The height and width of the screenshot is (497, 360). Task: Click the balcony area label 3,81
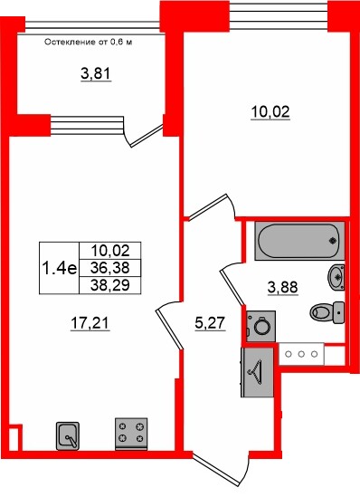(96, 74)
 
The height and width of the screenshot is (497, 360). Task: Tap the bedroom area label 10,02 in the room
(270, 112)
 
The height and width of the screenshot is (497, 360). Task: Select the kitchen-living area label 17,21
(90, 323)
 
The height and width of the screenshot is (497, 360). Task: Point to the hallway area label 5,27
(210, 323)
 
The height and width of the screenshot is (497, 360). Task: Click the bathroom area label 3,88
(282, 288)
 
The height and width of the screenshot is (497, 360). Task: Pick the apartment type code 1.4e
(59, 269)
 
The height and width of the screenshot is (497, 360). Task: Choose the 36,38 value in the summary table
(109, 268)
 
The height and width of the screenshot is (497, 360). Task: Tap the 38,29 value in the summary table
(109, 285)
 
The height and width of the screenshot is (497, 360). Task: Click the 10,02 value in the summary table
(109, 251)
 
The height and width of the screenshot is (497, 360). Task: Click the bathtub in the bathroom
(299, 241)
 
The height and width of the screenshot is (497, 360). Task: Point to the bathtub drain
(333, 241)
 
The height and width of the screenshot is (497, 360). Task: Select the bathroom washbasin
(336, 277)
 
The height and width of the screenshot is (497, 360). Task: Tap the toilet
(327, 312)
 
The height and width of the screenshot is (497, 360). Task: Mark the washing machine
(261, 326)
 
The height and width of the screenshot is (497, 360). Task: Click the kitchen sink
(68, 435)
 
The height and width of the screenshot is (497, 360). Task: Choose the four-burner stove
(131, 434)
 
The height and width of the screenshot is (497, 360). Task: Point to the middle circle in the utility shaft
(301, 354)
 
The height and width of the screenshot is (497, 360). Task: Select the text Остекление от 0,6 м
(88, 43)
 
